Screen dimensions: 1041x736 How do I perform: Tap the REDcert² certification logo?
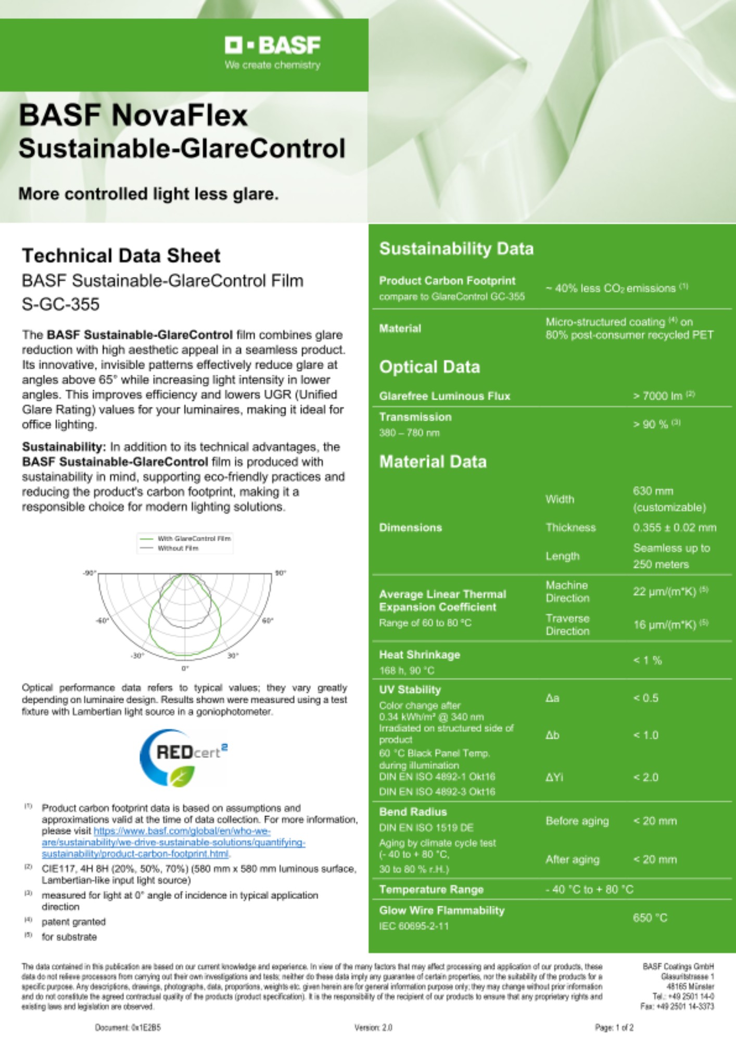[183, 757]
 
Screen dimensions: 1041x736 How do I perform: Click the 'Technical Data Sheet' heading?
[121, 256]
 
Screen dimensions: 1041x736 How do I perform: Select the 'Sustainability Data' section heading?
[456, 249]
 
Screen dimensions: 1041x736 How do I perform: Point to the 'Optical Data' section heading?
[429, 367]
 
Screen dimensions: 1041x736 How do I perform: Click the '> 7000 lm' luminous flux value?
[663, 396]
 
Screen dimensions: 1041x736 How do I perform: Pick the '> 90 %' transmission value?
[655, 424]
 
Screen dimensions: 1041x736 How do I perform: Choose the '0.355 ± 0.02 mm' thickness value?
[674, 527]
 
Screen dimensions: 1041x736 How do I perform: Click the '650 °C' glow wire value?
[650, 918]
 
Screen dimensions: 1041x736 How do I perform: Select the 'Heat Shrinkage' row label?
[419, 655]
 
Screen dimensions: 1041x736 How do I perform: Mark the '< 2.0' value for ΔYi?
[645, 777]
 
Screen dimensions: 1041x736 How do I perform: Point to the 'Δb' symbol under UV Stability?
[552, 735]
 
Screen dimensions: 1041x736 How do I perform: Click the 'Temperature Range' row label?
[431, 890]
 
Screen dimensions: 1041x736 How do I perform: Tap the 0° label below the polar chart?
[185, 668]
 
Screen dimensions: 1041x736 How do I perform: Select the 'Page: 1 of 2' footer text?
[614, 1027]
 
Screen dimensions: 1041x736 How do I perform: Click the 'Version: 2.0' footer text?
[373, 1027]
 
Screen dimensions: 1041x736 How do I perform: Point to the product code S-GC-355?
[60, 304]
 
